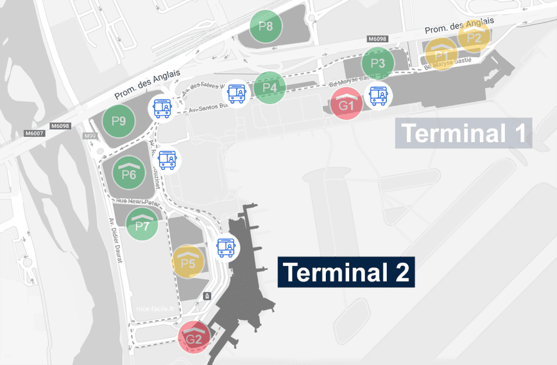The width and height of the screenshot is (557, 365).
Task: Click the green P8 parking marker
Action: [266, 27]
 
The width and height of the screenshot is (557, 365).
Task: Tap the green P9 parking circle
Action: [119, 121]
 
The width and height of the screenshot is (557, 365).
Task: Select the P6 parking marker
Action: [129, 173]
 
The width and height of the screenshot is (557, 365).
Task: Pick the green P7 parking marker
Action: [142, 224]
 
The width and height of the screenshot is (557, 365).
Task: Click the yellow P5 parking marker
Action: [188, 263]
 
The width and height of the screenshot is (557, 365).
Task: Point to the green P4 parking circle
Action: [270, 87]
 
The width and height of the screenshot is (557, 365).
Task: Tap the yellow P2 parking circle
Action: [474, 37]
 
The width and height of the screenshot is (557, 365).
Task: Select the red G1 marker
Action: [347, 104]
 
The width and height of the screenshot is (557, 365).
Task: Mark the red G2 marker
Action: [194, 339]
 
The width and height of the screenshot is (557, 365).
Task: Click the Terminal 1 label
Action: [463, 133]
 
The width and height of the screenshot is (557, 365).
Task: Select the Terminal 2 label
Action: [346, 272]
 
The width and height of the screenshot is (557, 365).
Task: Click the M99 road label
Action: [90, 135]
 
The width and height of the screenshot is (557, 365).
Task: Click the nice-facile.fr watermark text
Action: [157, 308]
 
